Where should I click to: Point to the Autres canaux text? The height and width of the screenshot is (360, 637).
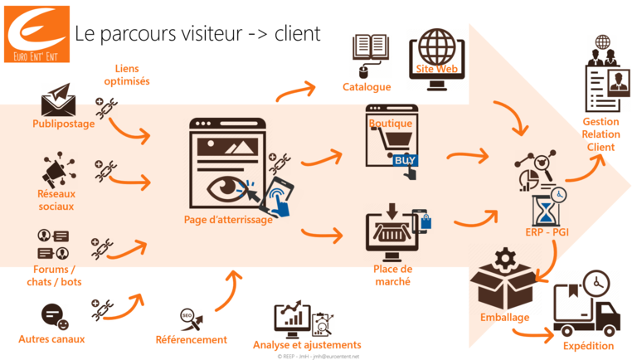51,338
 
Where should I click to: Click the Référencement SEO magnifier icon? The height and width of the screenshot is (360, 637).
187,316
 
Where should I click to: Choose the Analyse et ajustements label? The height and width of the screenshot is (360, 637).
307,344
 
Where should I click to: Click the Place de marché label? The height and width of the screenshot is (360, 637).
392,275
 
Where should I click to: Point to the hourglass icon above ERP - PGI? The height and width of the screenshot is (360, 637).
545,207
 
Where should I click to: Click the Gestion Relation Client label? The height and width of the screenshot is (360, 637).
601,134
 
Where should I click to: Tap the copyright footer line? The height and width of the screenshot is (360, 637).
318,356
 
